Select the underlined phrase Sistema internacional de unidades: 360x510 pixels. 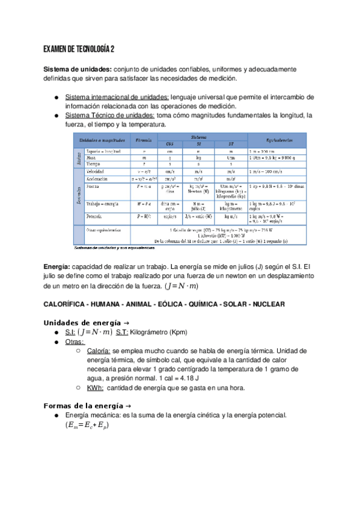pyautogui.click(x=117, y=96)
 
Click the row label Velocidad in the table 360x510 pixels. pyautogui.click(x=98, y=171)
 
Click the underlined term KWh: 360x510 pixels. pyautogui.click(x=95, y=388)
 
